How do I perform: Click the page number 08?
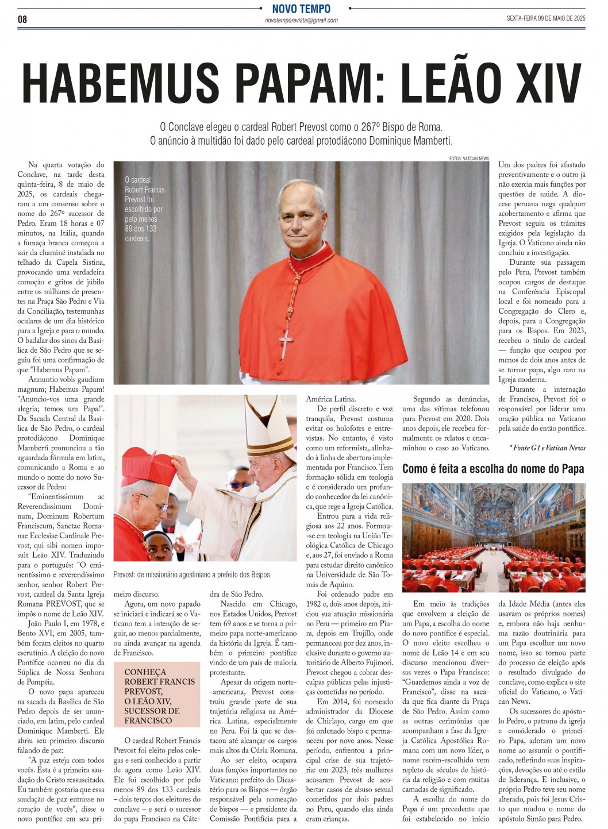pyautogui.click(x=22, y=20)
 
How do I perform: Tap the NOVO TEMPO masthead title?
pyautogui.click(x=301, y=9)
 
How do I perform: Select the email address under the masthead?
pyautogui.click(x=301, y=20)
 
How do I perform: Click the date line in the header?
pyautogui.click(x=545, y=18)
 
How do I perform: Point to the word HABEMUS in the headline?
pyautogui.click(x=121, y=83)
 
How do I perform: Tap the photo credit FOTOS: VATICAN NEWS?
pyautogui.click(x=469, y=158)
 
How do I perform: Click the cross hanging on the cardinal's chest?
pyautogui.click(x=286, y=342)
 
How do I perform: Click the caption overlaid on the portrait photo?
pyautogui.click(x=144, y=209)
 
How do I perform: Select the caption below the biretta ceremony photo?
pyautogui.click(x=191, y=574)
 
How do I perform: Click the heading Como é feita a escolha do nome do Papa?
pyautogui.click(x=492, y=469)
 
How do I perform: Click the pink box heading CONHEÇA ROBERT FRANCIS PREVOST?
pyautogui.click(x=160, y=696)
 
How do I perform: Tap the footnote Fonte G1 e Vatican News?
pyautogui.click(x=547, y=448)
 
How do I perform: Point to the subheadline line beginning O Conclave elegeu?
pyautogui.click(x=301, y=127)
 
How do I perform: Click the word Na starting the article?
pyautogui.click(x=33, y=165)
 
